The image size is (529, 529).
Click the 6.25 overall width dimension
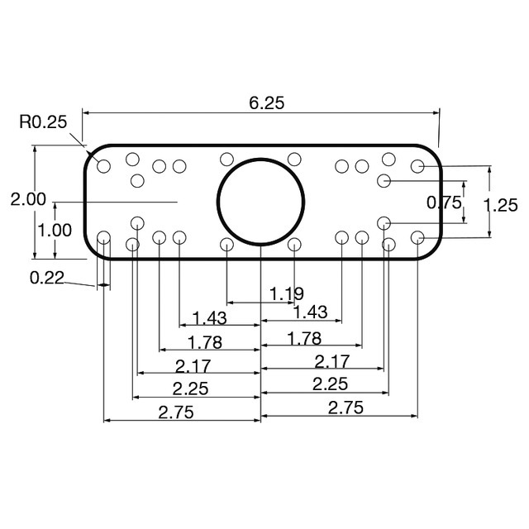tap(266, 102)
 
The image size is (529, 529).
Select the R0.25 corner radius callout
tap(43, 122)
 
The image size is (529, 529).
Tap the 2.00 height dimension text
tap(28, 199)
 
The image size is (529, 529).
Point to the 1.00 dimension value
tap(55, 231)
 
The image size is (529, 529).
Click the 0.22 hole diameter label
tap(47, 278)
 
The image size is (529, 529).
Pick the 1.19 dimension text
tap(287, 294)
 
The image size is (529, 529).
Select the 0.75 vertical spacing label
tap(444, 203)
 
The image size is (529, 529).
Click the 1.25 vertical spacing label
tap(500, 206)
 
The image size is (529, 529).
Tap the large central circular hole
tap(260, 202)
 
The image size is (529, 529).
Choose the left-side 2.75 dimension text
tap(176, 412)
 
